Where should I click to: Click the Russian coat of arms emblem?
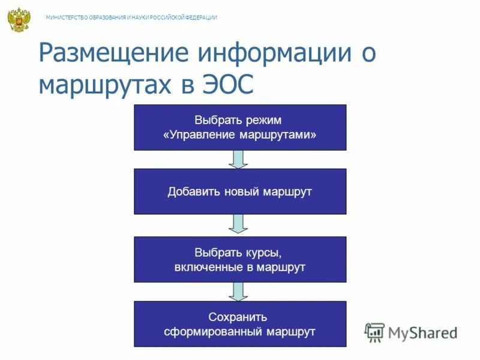[x=19, y=20]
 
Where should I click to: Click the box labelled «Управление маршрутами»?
[x=240, y=127]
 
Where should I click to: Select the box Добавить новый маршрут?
[x=240, y=191]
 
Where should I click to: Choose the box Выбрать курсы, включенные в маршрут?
[x=240, y=259]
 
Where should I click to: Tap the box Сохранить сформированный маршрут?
[x=240, y=324]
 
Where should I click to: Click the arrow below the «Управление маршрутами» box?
[x=239, y=159]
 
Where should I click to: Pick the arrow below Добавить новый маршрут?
[x=239, y=224]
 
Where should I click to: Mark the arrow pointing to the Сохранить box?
[x=239, y=292]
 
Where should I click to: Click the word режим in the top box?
[x=265, y=120]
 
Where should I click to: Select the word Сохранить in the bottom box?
[x=239, y=317]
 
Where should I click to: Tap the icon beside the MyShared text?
[x=374, y=332]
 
